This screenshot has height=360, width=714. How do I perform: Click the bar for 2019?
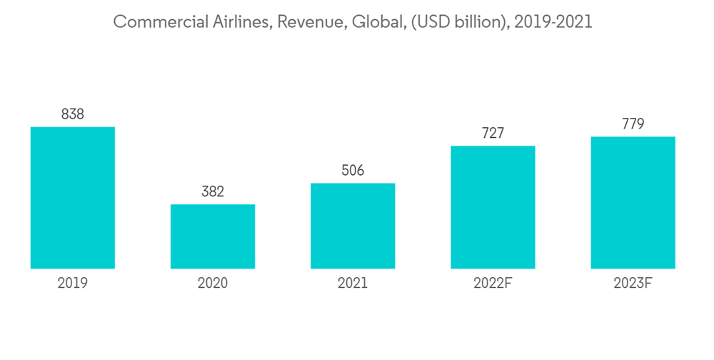73,198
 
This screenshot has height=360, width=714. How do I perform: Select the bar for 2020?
213,236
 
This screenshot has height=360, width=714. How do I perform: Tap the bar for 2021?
353,226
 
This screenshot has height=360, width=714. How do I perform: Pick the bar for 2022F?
493,207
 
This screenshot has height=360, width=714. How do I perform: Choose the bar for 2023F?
633,203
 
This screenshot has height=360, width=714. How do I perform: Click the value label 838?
73,114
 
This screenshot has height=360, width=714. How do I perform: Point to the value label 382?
213,191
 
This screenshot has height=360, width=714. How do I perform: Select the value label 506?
353,170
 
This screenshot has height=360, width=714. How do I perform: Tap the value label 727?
493,133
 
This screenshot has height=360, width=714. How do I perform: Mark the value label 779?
633,124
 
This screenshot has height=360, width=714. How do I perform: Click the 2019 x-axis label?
73,284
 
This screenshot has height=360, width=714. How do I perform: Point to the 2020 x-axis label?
213,284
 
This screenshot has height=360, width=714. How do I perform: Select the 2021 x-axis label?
353,284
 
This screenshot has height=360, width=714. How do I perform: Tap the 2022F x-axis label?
493,284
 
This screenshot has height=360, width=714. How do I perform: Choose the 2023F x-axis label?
633,284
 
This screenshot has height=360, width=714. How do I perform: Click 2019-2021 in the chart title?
548,22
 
